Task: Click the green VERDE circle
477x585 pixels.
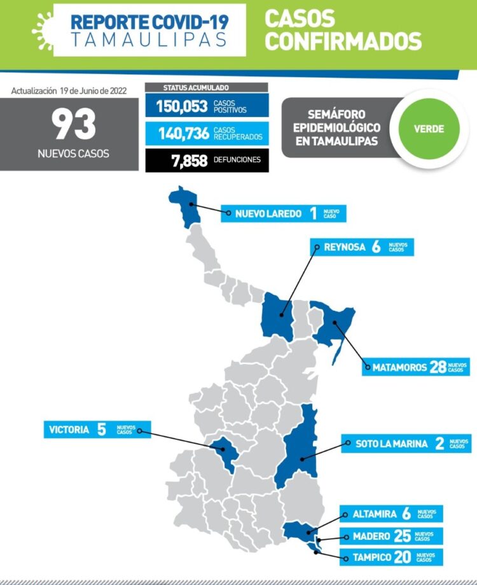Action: click(x=429, y=129)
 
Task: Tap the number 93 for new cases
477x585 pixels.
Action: click(x=74, y=124)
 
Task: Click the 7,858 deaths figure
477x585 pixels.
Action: click(x=189, y=160)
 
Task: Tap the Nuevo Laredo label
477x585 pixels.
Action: click(x=268, y=214)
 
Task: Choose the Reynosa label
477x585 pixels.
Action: click(x=344, y=247)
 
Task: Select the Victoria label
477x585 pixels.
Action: click(x=69, y=430)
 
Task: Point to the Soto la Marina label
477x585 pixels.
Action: click(x=383, y=444)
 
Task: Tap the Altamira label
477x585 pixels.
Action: click(x=365, y=514)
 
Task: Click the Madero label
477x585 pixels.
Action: click(x=361, y=536)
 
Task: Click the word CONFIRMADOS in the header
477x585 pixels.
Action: click(x=343, y=41)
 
